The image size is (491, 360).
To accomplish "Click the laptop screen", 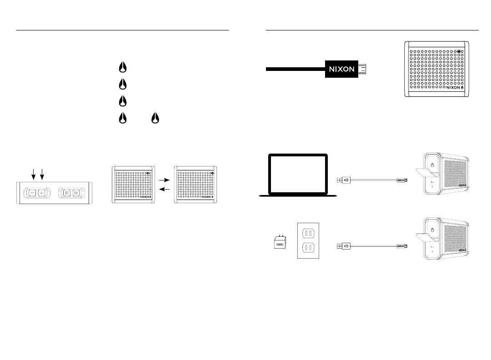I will click(x=298, y=174).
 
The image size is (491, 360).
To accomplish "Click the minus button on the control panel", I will click(x=32, y=193).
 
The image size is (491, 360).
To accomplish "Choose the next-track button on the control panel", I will click(x=75, y=193).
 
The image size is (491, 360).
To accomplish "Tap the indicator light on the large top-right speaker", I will click(x=462, y=52).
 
